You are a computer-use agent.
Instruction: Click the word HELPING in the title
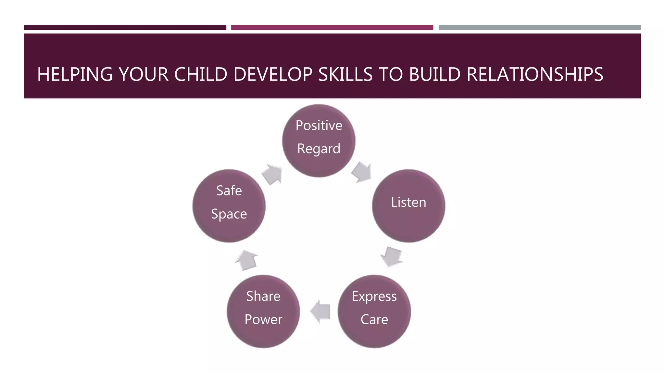click(75, 74)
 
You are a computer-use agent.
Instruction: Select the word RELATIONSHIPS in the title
click(535, 74)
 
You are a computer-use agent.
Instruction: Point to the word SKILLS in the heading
click(345, 74)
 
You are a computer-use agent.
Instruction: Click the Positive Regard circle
click(319, 141)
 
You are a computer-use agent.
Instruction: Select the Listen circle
click(408, 206)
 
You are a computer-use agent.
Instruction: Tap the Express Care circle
click(374, 311)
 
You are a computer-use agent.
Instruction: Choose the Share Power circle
click(263, 311)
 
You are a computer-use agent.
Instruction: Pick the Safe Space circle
click(229, 206)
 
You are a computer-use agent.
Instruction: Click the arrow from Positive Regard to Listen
click(361, 172)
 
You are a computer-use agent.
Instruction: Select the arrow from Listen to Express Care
click(392, 257)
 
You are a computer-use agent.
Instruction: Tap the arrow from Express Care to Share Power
click(320, 311)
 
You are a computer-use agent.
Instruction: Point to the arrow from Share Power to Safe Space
click(247, 260)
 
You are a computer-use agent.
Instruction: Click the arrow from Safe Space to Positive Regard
click(272, 174)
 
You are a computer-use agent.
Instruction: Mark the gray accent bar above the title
click(539, 28)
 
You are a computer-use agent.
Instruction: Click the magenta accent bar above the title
click(332, 28)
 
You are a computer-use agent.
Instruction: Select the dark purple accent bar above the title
click(125, 28)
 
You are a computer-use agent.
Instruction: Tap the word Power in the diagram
click(263, 319)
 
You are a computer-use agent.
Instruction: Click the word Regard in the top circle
click(319, 149)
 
